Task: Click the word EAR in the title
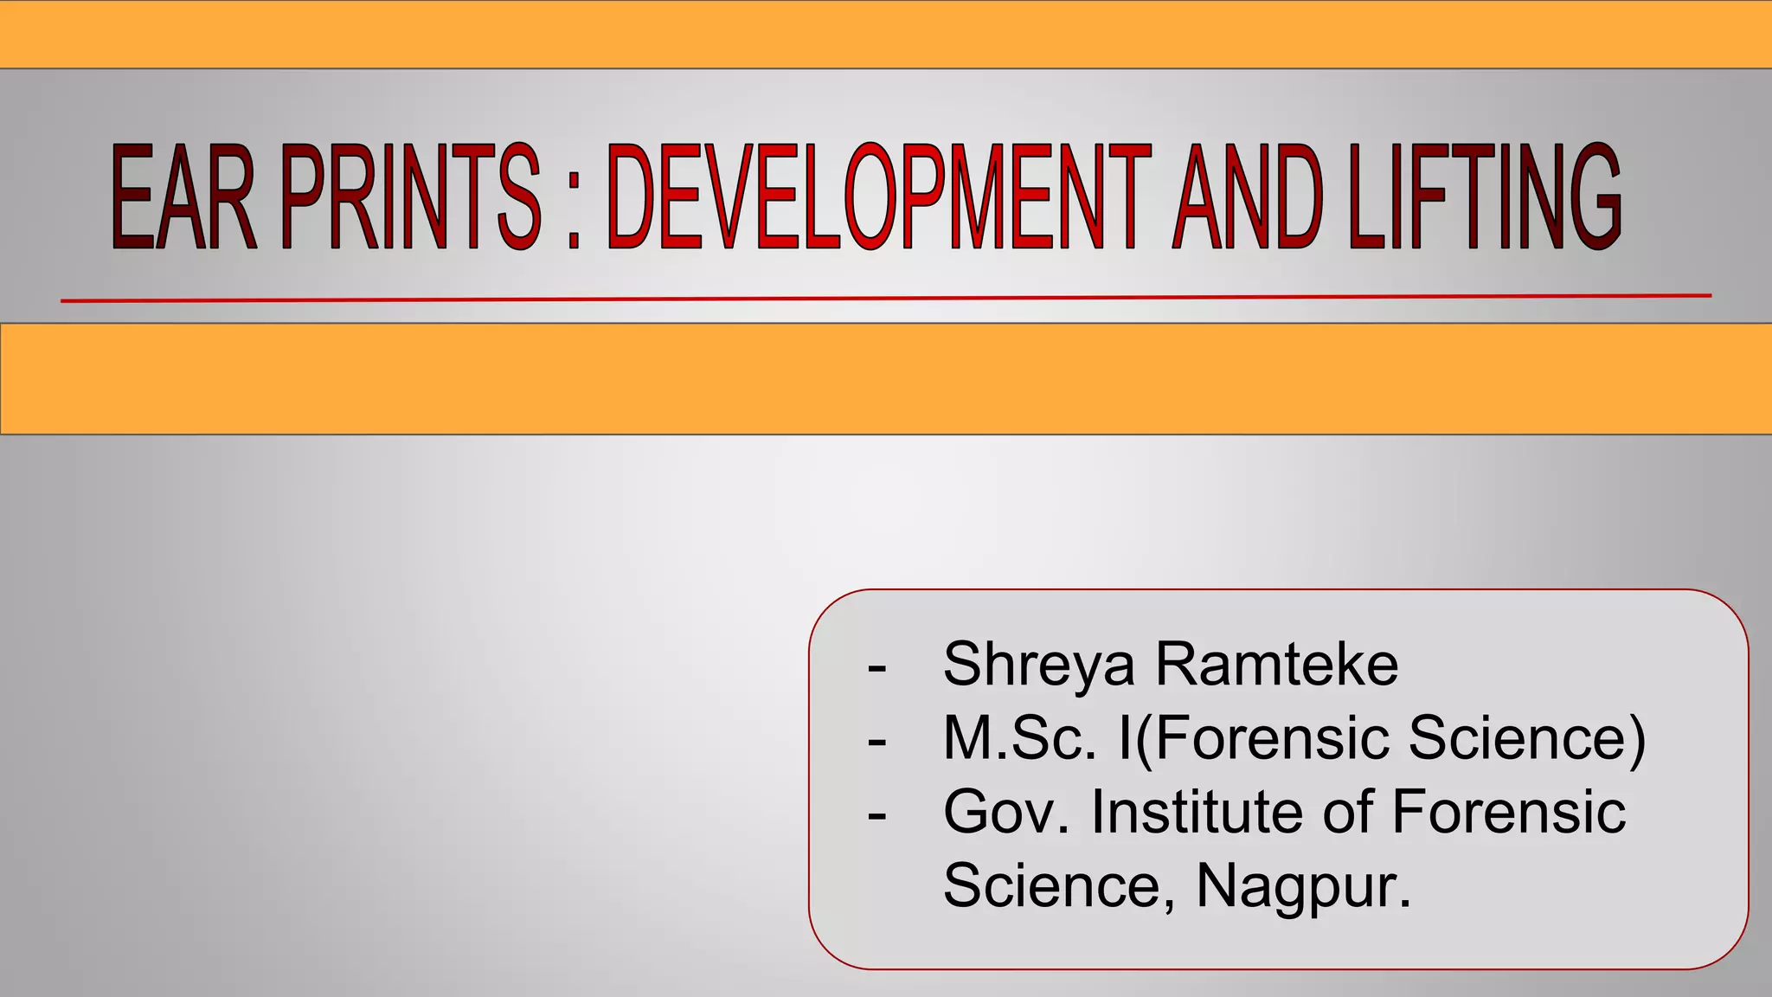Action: tap(184, 198)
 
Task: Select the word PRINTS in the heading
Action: tap(410, 198)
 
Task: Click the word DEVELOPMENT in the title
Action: tap(879, 198)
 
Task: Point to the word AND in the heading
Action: tap(1247, 198)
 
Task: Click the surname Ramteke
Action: tap(1277, 665)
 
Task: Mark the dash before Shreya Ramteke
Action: tap(876, 668)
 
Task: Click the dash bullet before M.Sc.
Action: tap(876, 742)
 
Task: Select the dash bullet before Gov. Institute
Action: tap(876, 815)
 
